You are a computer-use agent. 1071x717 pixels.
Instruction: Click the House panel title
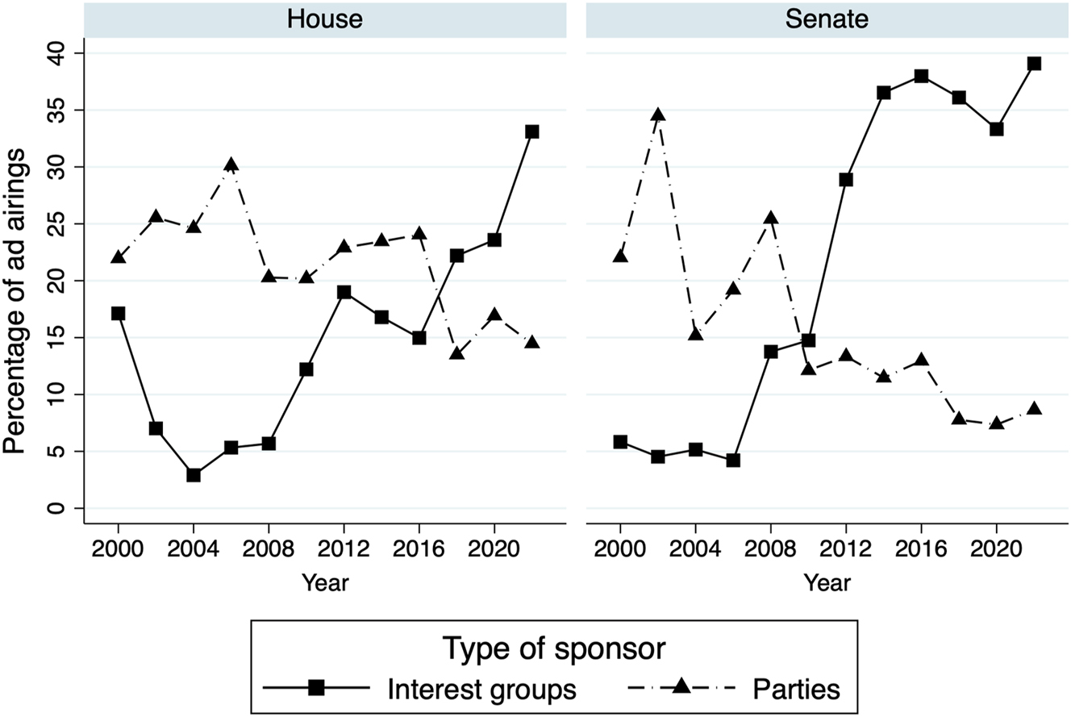point(325,19)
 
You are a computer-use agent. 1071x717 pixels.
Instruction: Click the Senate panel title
point(827,19)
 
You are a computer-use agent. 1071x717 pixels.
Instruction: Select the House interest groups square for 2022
point(532,131)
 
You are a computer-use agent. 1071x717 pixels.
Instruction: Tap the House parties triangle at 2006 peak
point(231,165)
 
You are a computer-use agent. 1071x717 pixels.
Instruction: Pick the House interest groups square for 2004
point(194,475)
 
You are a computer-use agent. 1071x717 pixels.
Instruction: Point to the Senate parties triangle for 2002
point(658,115)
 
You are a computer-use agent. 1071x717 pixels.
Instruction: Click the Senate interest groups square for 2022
point(1034,64)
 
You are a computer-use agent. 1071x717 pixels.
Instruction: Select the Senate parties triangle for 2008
point(771,218)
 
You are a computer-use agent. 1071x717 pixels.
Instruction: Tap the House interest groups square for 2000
point(119,313)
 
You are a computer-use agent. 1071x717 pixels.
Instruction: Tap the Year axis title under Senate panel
point(827,582)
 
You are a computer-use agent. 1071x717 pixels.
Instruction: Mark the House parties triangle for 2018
point(457,352)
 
